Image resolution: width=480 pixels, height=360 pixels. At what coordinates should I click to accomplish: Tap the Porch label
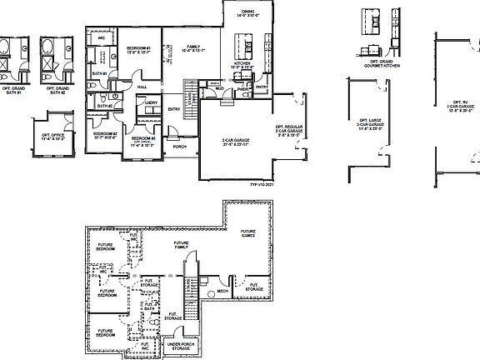pos(180,146)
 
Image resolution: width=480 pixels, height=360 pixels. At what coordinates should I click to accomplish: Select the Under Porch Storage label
pos(181,345)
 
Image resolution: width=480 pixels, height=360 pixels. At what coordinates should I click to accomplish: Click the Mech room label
pos(223,292)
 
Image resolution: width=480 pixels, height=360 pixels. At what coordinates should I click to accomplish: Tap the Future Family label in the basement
pos(181,246)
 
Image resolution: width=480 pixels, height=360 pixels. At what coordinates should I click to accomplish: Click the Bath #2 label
pos(104,106)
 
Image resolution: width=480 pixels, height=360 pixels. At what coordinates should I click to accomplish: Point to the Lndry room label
pos(151,103)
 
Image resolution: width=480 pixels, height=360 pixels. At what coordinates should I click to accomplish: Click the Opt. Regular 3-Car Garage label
pos(291,131)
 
